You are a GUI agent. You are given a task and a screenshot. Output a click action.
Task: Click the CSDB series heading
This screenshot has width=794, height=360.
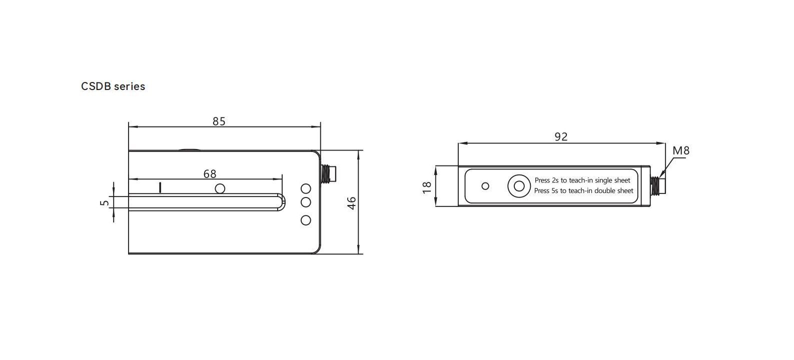(113, 86)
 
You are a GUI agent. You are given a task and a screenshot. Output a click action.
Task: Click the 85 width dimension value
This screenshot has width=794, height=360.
(219, 121)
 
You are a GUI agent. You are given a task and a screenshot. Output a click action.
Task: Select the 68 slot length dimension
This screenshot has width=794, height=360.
(210, 173)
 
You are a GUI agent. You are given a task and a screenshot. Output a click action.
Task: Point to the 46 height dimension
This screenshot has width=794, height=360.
(352, 202)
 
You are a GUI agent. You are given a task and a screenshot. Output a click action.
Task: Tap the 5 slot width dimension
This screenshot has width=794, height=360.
(104, 202)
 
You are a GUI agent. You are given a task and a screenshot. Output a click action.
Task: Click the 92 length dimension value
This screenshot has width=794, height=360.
(561, 136)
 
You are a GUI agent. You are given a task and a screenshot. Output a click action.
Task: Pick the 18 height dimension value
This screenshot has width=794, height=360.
(427, 186)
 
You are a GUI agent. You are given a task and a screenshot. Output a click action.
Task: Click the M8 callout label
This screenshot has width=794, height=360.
(680, 150)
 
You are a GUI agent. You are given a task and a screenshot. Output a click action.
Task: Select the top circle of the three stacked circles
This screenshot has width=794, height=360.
(306, 188)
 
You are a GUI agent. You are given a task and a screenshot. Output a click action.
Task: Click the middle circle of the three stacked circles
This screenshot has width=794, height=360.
(306, 202)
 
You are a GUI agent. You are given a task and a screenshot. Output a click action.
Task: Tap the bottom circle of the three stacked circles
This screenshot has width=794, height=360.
(306, 220)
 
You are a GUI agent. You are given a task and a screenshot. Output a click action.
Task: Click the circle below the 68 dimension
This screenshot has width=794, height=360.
(219, 188)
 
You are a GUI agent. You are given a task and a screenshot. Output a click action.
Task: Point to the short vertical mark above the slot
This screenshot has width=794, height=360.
(160, 187)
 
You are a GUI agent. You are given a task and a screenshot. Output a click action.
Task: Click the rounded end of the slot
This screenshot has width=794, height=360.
(282, 201)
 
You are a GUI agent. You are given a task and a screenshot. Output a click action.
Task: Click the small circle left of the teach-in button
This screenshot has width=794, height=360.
(485, 186)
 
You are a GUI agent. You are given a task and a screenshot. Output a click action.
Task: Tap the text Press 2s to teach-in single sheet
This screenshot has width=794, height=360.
(582, 180)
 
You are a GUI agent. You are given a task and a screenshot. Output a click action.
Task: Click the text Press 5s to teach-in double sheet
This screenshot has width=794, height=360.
(584, 190)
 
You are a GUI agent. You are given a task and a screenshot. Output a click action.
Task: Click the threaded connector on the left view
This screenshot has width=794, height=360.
(328, 172)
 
